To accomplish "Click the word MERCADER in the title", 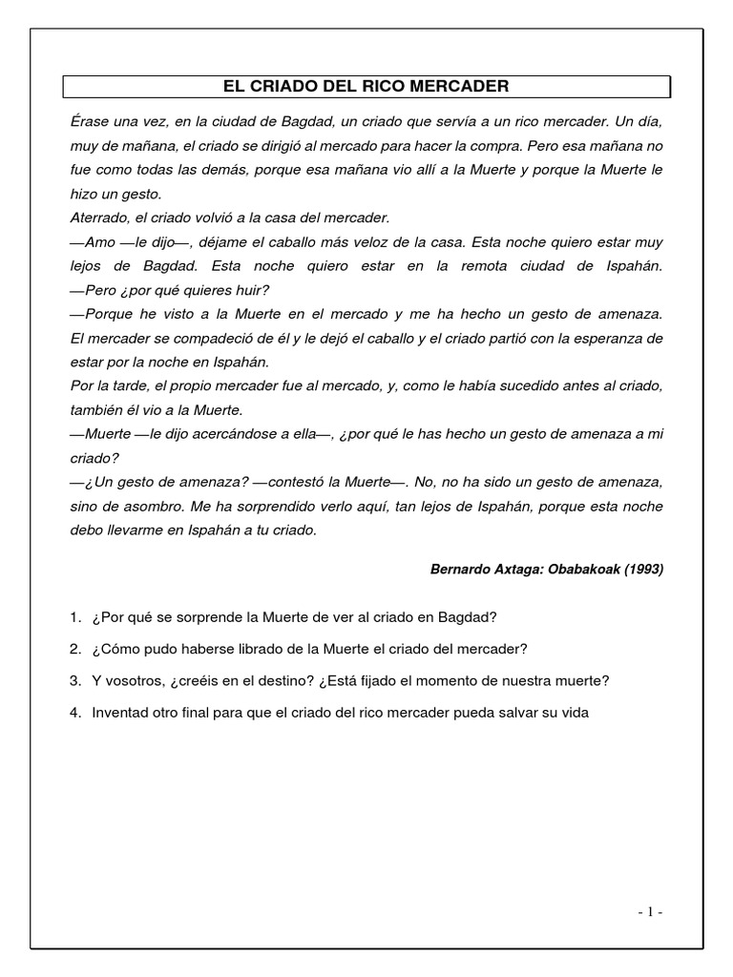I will click(465, 87).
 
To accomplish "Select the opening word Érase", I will click(93, 123).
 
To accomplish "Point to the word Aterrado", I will click(101, 218).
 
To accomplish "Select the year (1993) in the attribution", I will click(639, 569).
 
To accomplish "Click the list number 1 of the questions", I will click(74, 618).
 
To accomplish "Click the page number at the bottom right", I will click(650, 911).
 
